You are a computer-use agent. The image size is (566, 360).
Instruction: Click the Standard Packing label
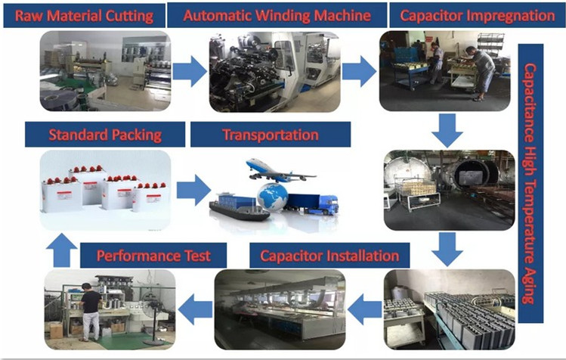pos(105,136)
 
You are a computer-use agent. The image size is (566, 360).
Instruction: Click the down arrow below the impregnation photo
pos(450,130)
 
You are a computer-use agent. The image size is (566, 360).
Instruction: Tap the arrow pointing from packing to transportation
pos(193,190)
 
